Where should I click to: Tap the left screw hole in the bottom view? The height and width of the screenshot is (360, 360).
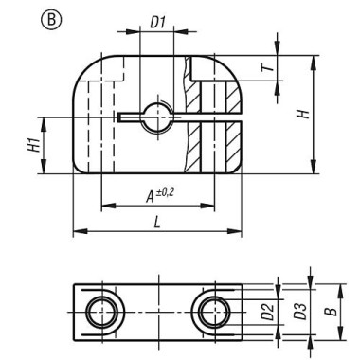(x=99, y=309)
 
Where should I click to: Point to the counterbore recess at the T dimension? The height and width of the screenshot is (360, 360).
(x=205, y=67)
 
